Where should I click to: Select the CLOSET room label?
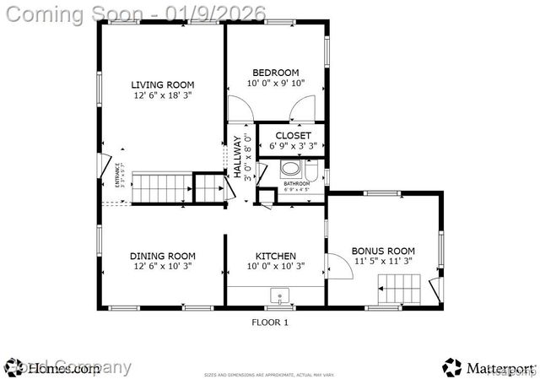(293, 135)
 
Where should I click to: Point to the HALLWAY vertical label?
(237, 157)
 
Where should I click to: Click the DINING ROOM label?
(162, 256)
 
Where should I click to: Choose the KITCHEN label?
(275, 256)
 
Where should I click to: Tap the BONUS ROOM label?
(383, 251)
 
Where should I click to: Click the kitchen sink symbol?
(278, 296)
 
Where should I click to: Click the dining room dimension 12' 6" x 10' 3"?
(162, 267)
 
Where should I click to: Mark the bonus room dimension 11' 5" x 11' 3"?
(383, 262)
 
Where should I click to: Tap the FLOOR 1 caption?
(270, 322)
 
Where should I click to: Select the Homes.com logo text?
(63, 368)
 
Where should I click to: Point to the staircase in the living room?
(160, 187)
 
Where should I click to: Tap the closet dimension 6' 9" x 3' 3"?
(293, 146)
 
